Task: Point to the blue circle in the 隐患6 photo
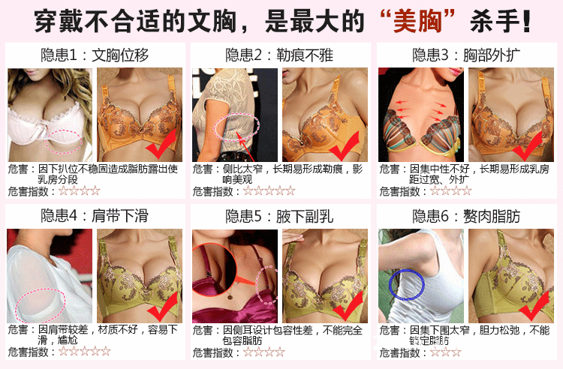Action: (x=406, y=286)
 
